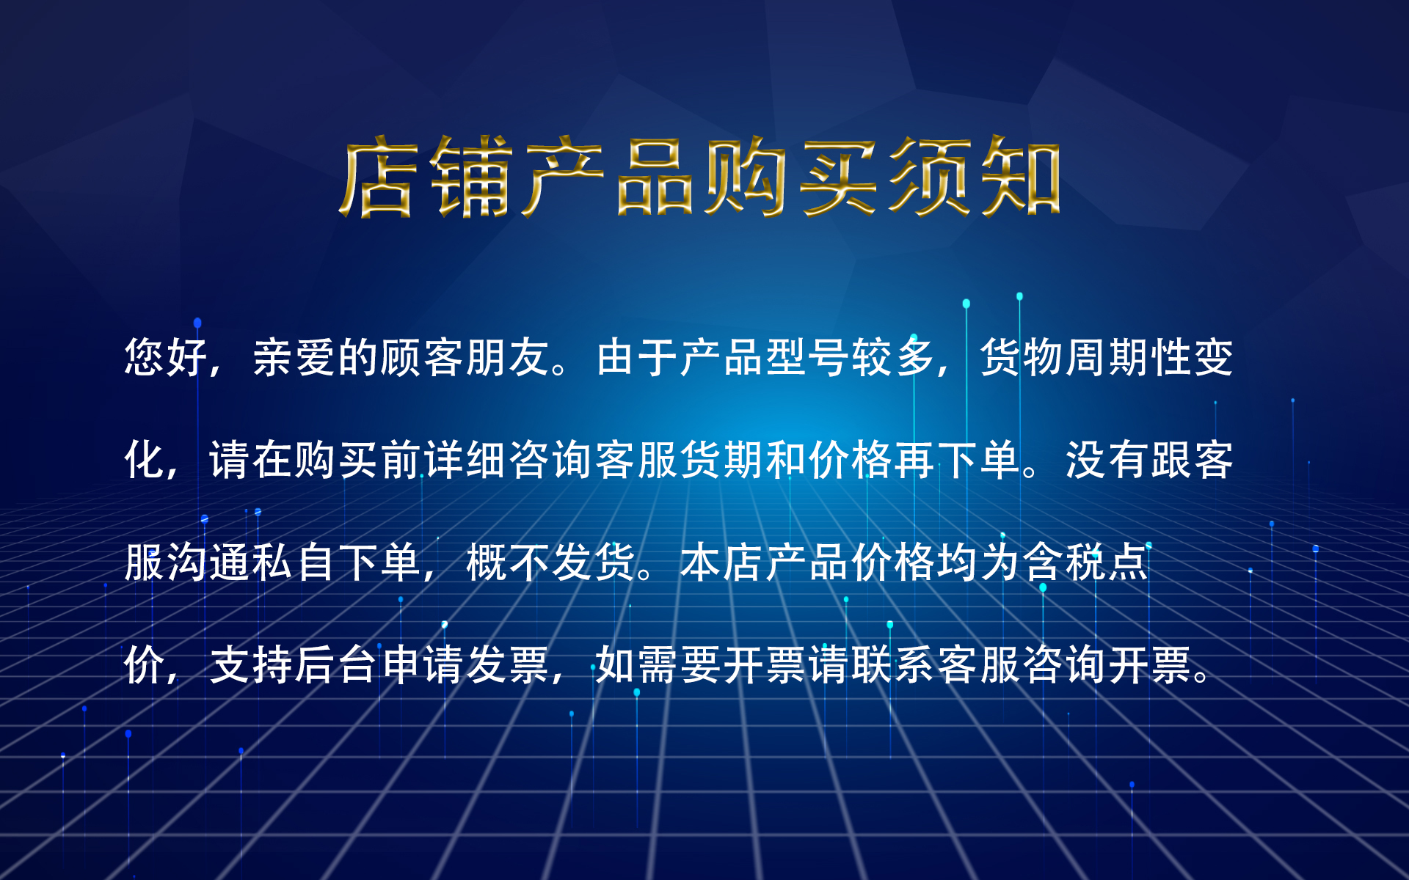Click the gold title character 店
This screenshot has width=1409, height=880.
378,177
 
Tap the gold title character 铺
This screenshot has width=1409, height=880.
470,177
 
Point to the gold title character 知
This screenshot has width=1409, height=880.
1021,177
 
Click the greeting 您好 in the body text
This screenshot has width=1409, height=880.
167,358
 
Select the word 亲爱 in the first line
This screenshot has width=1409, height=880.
294,358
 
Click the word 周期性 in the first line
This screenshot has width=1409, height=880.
1128,358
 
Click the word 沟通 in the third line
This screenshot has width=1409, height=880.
209,563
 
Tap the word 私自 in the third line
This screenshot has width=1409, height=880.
294,563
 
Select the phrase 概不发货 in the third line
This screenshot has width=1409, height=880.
551,563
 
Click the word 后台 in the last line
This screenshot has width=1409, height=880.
337,666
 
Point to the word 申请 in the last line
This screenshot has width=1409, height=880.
423,666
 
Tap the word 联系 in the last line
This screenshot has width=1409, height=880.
892,666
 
